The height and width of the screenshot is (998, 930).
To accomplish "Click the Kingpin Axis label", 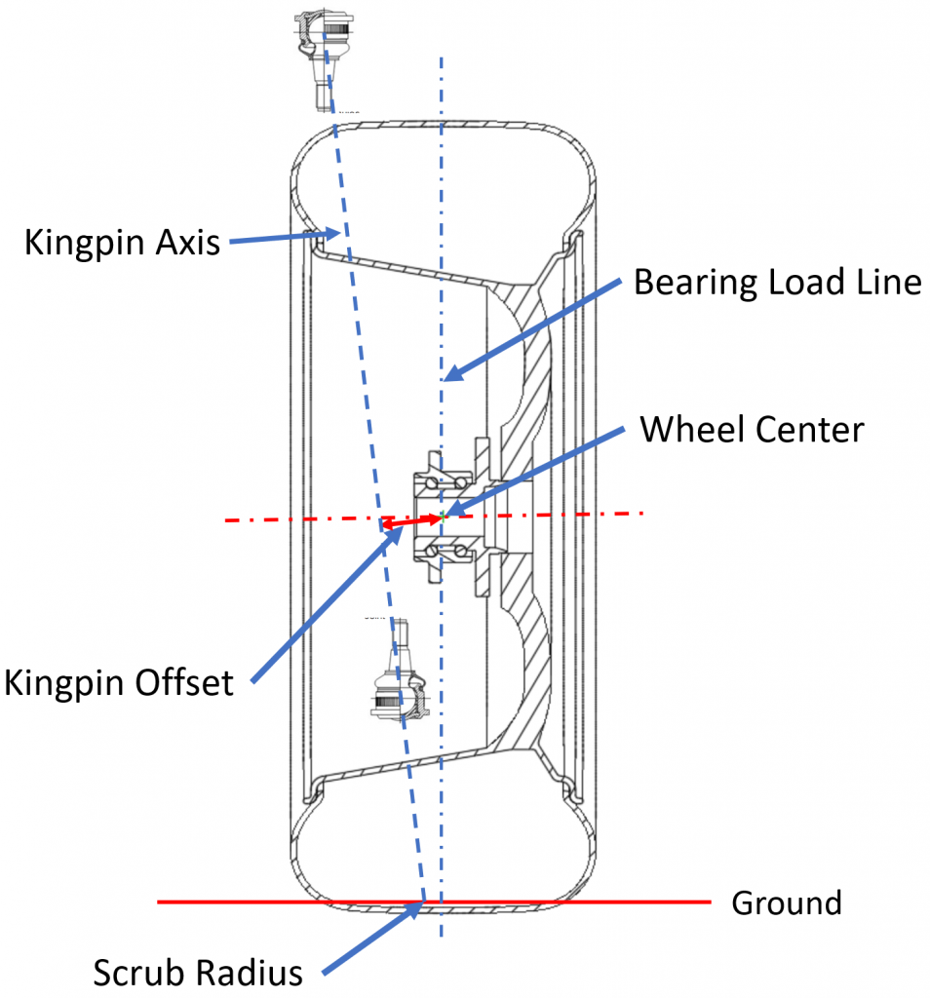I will [x=122, y=241].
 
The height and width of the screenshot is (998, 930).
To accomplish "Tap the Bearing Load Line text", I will [x=777, y=283].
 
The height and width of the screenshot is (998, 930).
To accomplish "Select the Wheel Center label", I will [x=751, y=429].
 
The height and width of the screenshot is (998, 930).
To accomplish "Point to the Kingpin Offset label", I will [x=119, y=682].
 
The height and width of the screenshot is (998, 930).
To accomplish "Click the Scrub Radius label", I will [x=198, y=972].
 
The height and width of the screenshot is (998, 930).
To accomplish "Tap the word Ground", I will [x=786, y=902].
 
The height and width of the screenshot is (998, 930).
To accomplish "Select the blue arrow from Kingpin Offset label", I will [x=317, y=600].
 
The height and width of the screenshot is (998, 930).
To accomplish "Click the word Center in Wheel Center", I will [x=806, y=429].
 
